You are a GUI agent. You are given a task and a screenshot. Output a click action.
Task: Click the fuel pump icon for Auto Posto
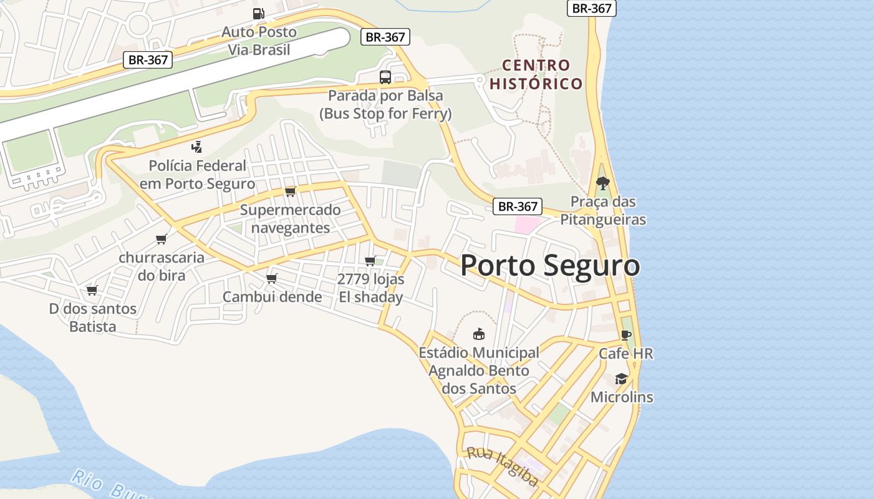pos(258,13)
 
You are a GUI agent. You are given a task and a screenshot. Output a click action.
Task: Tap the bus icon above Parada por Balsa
pos(385,77)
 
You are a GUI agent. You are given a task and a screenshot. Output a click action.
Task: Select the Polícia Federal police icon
pos(196,147)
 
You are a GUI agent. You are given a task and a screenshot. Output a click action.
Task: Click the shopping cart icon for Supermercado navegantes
pos(290,191)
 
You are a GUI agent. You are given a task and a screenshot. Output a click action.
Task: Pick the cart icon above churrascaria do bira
pos(162,239)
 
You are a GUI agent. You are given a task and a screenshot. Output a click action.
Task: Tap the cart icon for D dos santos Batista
pos(92,290)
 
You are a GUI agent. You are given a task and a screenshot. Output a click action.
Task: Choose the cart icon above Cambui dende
pos(271,278)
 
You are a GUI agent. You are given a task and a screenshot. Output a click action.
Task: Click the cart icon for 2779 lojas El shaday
pos(370,261)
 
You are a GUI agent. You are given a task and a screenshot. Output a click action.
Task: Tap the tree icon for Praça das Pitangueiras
pos(602,183)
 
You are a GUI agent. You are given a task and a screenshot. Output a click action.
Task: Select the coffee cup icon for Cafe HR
pos(626,335)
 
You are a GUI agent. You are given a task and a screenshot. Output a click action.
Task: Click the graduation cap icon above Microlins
pos(621,379)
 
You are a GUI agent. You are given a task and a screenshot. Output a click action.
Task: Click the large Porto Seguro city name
pos(550,266)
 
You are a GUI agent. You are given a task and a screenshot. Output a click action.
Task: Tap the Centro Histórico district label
pos(536,74)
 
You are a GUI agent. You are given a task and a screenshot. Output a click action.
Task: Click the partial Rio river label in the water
pos(106,486)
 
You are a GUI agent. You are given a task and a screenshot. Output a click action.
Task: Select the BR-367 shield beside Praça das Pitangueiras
pos(517,206)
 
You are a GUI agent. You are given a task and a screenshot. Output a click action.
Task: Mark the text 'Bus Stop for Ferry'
pos(385,114)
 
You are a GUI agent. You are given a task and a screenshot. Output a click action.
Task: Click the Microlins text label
pos(622,397)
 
